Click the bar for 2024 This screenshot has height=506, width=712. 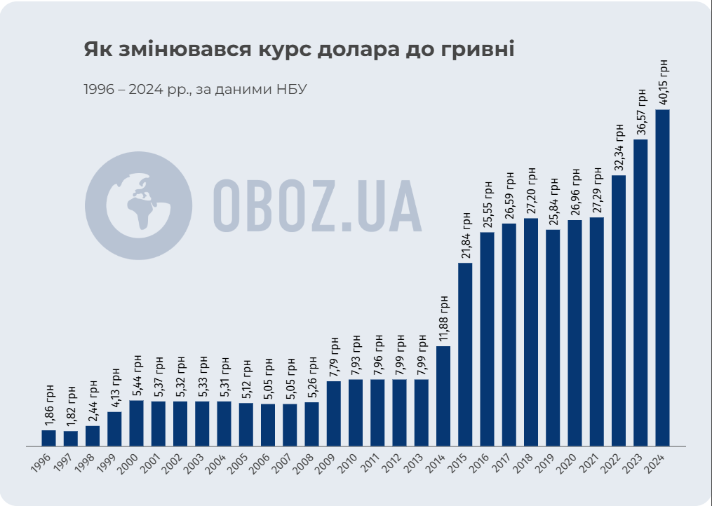[662, 278]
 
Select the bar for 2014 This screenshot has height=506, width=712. [443, 396]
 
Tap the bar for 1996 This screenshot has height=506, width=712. [48, 438]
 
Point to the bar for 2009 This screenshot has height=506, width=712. [334, 413]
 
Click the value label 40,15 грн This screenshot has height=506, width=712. [663, 83]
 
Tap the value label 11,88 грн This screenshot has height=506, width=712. [443, 320]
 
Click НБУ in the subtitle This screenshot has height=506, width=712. [292, 90]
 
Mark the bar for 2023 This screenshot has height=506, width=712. [640, 292]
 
